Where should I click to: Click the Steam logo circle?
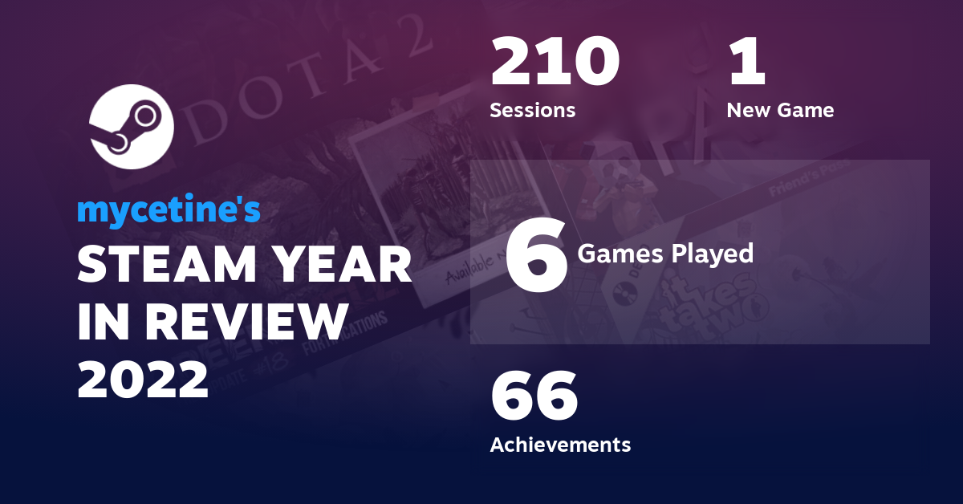132,127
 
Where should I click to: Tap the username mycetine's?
169,210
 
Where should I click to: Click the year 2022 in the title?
143,379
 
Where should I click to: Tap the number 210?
555,63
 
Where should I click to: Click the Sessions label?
532,110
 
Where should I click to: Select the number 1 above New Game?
747,63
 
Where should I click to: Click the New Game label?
780,110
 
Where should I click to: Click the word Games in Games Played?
614,254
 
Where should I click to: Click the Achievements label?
560,444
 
